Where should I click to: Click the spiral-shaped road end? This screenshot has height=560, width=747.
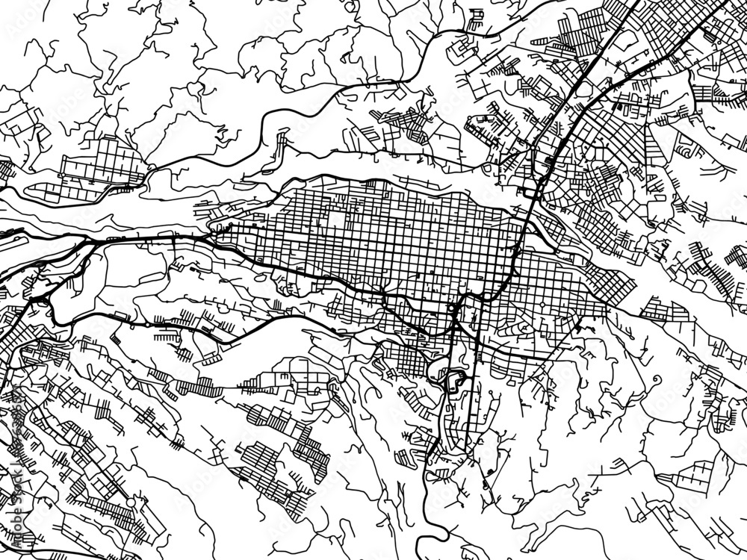coord(657,381)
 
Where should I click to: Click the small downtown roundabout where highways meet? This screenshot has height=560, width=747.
coord(452,308)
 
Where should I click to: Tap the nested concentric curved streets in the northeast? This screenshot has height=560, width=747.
coord(684,153)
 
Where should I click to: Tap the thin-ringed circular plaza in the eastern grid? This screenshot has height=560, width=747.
coord(524,329)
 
